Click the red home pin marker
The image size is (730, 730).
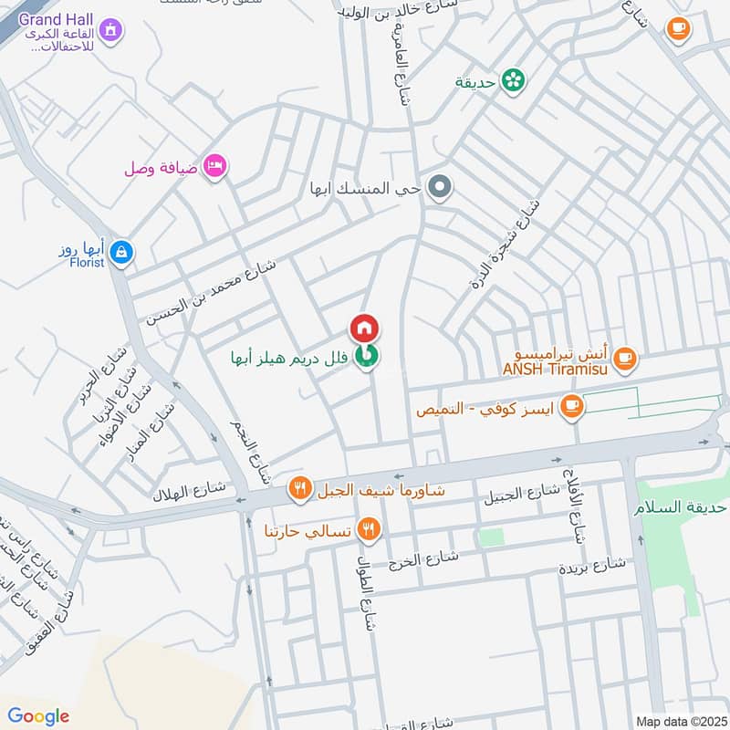tap(363, 328)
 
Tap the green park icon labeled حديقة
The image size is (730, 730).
tap(515, 80)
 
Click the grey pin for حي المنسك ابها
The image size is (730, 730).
tap(440, 189)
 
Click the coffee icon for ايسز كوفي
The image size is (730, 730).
tap(571, 407)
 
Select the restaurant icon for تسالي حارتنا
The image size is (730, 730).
tap(368, 528)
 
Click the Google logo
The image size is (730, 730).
tap(38, 716)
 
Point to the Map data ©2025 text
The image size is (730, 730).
tap(679, 721)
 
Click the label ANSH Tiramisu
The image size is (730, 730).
tap(558, 369)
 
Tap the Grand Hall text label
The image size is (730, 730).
tap(56, 19)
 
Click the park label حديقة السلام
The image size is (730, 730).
tap(679, 507)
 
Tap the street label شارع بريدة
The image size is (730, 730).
tap(592, 566)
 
